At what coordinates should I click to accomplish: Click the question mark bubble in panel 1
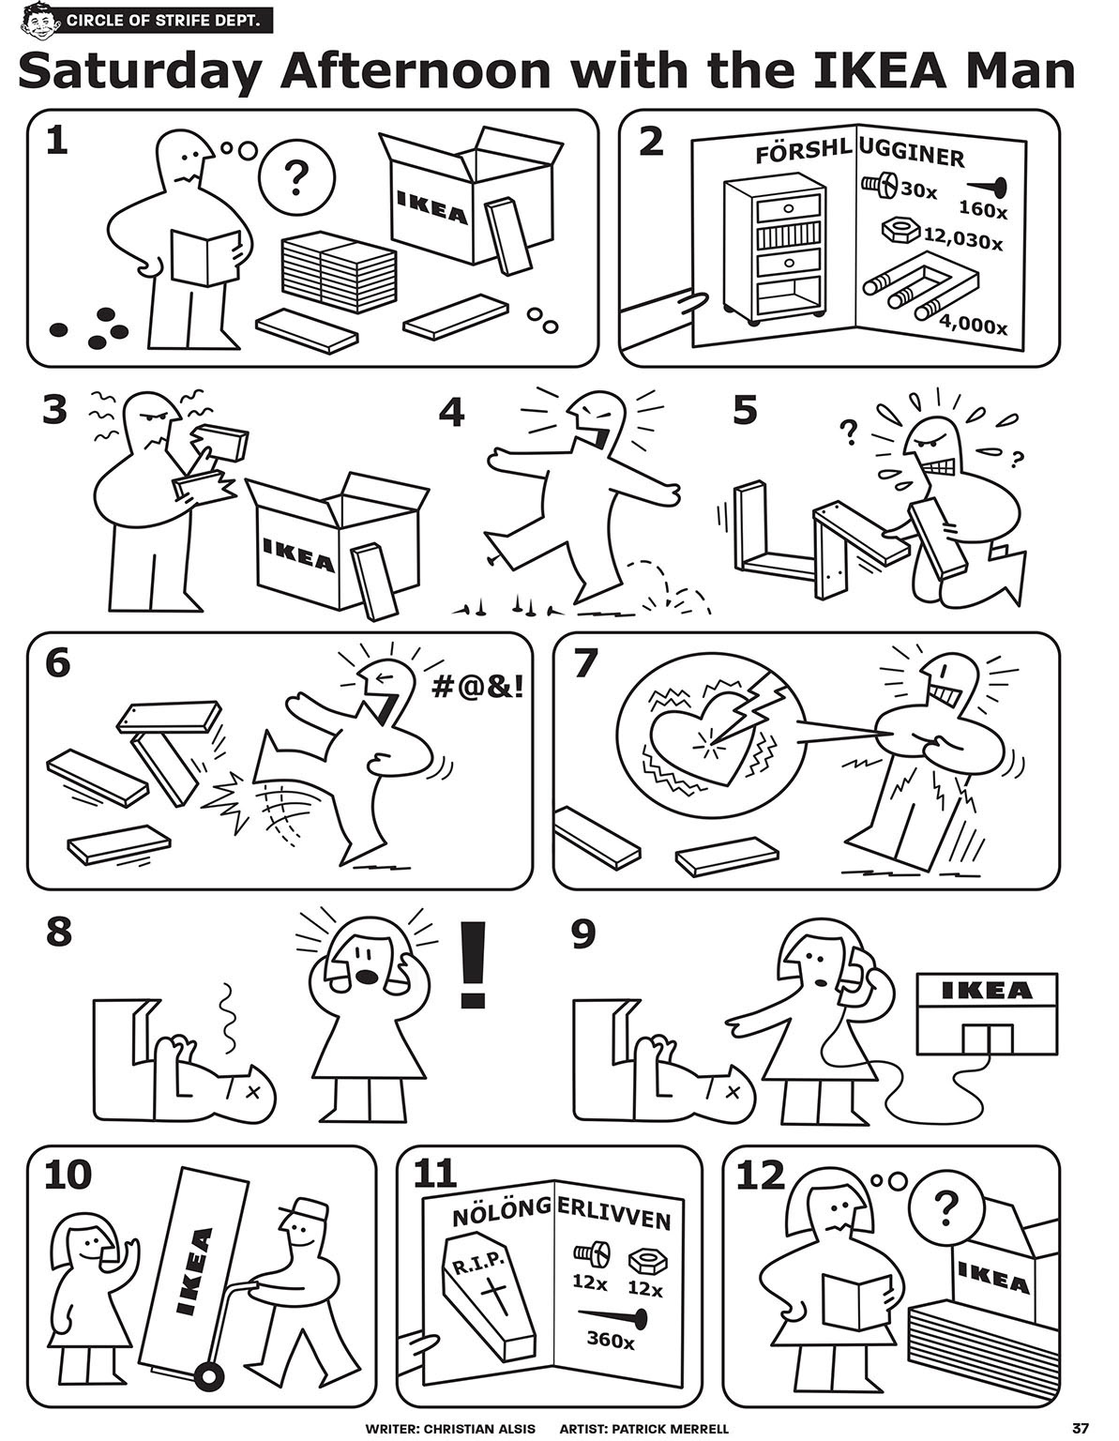(296, 176)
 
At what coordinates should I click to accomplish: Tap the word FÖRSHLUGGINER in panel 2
(858, 155)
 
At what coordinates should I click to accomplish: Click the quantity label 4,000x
(974, 327)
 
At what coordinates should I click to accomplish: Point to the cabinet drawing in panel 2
(775, 249)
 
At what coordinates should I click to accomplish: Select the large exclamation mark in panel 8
(476, 964)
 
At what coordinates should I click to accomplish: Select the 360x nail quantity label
(611, 1340)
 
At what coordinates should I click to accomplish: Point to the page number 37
(1081, 1428)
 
